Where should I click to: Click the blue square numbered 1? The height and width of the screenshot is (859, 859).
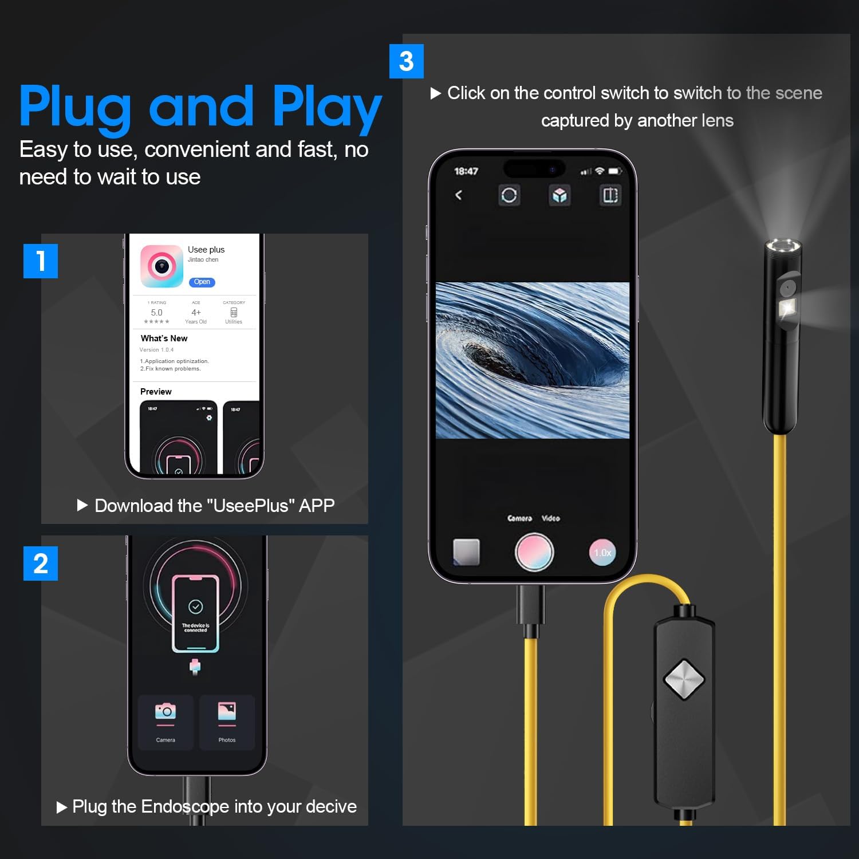coord(41,261)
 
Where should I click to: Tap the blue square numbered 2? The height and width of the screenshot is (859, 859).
coord(41,564)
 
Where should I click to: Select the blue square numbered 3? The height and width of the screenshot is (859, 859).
coord(406,61)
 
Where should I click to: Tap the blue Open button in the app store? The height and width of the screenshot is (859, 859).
coord(202,282)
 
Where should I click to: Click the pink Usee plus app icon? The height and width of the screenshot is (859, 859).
coord(161,266)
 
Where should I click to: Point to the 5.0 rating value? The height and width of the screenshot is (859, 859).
coord(156,313)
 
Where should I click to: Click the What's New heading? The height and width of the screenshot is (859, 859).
coord(164,338)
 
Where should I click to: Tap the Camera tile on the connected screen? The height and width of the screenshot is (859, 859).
coord(166,722)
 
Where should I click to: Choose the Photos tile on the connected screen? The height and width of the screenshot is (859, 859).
coord(227,722)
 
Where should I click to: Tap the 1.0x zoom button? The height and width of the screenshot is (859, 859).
coord(602,553)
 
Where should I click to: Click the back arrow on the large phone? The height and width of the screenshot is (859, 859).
coord(459,195)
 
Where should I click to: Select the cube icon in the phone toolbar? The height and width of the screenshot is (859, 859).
coord(559,195)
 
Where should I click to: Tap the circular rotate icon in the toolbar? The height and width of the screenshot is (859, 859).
coord(509,195)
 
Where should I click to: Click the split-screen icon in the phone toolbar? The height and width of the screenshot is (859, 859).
coord(610,195)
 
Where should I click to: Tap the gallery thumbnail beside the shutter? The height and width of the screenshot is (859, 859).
coord(466,552)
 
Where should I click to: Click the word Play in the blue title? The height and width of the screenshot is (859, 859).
coord(326,108)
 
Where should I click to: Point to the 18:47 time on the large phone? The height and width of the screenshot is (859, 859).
coord(466,171)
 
